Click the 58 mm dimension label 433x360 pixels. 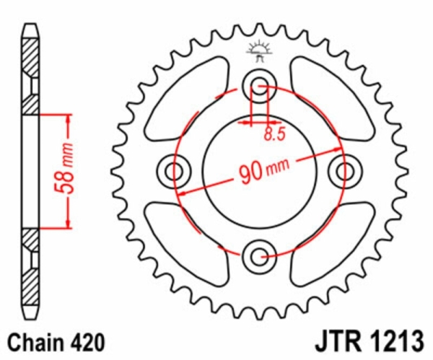[x=65, y=168]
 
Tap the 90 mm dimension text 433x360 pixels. [x=264, y=170]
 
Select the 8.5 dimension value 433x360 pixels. [x=274, y=134]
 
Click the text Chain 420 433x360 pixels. [x=56, y=343]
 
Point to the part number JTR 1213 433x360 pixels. [x=369, y=341]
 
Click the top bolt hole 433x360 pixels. [x=260, y=86]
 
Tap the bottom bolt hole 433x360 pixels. [x=259, y=257]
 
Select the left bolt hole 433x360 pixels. [x=174, y=172]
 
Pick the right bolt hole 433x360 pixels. [x=345, y=172]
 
